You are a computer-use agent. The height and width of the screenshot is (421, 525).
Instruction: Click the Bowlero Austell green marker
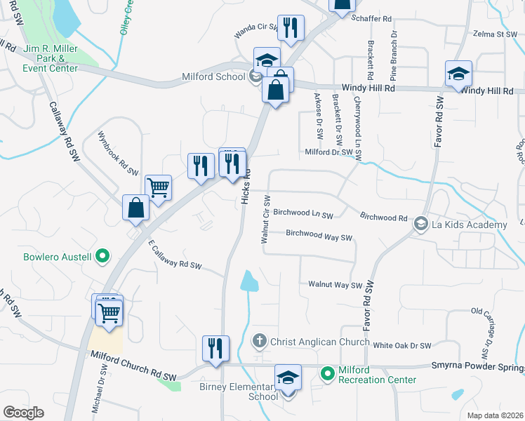[102, 257]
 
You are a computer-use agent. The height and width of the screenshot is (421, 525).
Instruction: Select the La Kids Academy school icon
[420, 225]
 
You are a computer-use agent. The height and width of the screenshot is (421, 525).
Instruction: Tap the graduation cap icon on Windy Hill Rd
[458, 74]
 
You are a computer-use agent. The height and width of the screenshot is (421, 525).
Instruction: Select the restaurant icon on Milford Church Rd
[215, 348]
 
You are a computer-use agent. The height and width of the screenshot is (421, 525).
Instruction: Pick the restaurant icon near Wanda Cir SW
[291, 27]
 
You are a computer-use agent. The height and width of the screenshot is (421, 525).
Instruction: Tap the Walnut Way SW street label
[335, 285]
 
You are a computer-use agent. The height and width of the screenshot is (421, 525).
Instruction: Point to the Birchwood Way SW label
[319, 237]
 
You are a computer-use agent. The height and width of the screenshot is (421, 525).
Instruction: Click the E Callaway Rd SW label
[175, 256]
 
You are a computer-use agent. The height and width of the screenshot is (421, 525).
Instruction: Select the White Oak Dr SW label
[401, 345]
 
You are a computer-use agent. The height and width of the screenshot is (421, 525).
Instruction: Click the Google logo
[23, 413]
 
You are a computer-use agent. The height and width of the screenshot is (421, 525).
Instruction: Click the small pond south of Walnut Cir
[249, 281]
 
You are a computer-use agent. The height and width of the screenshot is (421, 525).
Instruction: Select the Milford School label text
[211, 77]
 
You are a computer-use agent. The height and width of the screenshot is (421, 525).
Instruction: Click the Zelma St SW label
[495, 34]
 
